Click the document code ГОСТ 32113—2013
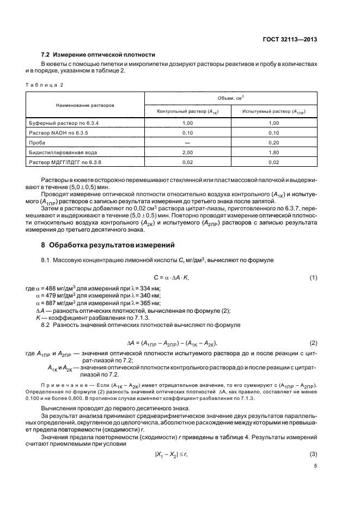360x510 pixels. [x=290, y=39]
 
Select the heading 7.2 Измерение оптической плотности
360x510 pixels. [x=99, y=55]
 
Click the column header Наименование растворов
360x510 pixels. [x=76, y=104]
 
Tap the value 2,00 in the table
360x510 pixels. [x=187, y=153]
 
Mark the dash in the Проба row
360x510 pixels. [x=187, y=143]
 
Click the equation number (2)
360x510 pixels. [x=313, y=343]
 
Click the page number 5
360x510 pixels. [x=315, y=466]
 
